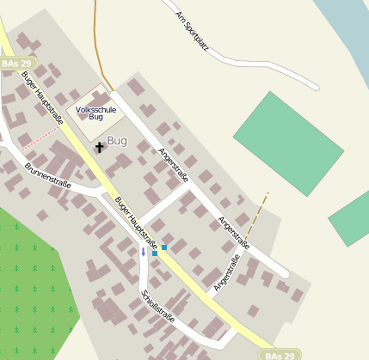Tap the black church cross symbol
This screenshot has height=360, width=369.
pos(99,148)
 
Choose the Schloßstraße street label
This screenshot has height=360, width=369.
pos(158,307)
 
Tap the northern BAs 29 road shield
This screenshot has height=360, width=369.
pos(16,64)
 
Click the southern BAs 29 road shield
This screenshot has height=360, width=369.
pos(280,354)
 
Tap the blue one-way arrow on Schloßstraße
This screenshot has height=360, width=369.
pos(144,252)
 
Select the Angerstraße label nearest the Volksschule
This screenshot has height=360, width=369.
pos(174,164)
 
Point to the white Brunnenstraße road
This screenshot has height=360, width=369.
pos(77,183)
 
